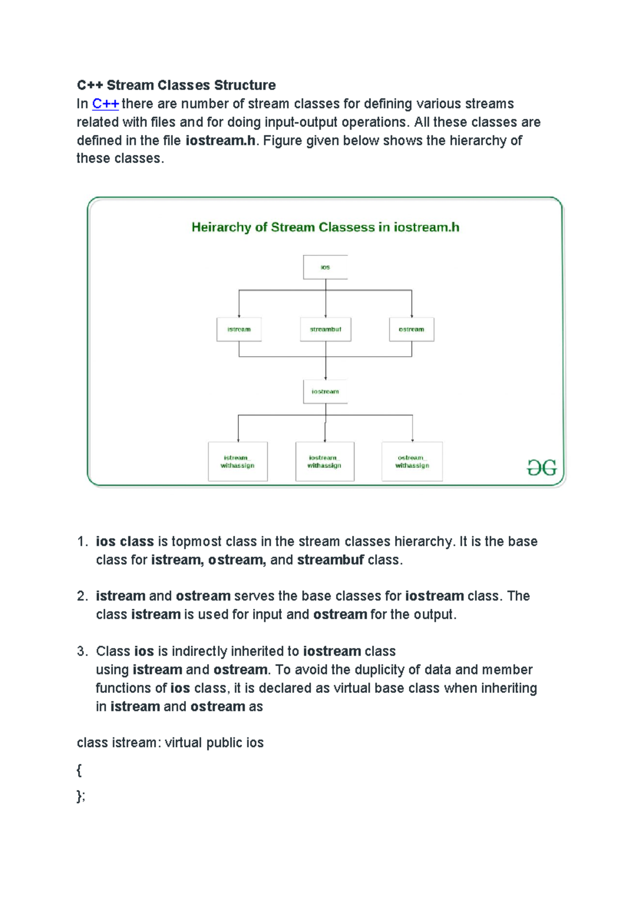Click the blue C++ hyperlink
105,104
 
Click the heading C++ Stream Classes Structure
176,85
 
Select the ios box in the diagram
325,267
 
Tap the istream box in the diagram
239,329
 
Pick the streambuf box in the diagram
325,329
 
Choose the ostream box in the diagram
412,329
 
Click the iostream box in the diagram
325,392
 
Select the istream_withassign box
238,461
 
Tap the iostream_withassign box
324,461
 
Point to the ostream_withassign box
412,461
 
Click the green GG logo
542,467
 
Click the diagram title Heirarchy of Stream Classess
325,227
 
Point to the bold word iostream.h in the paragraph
220,141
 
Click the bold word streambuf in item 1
330,560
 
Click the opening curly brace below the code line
79,770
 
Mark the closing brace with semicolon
81,796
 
